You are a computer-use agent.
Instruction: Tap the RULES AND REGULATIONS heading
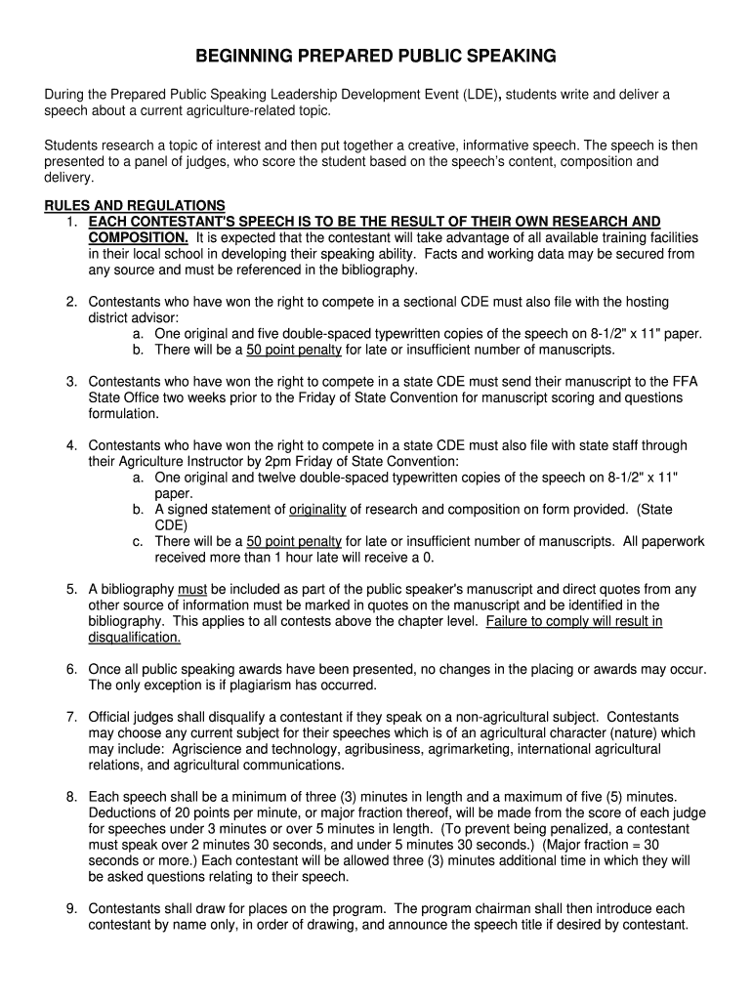135,206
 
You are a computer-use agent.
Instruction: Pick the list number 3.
71,382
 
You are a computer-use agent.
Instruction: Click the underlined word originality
317,509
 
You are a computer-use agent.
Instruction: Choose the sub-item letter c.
138,541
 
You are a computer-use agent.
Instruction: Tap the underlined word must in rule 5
191,589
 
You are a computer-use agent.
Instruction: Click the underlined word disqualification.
135,637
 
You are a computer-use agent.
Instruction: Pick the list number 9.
71,908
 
